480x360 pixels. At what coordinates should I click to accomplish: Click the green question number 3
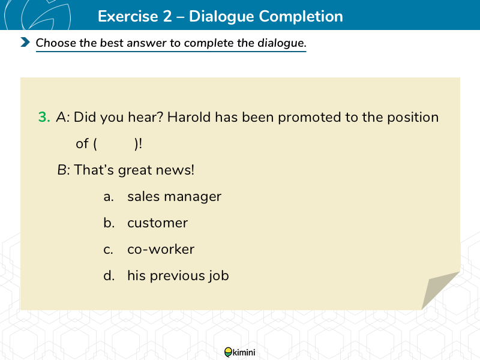[x=44, y=117]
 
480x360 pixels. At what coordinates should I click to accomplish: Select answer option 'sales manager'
[x=174, y=197]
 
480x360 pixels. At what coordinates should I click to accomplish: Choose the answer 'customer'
[x=157, y=223]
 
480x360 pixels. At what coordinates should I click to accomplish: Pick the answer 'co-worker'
[x=161, y=250]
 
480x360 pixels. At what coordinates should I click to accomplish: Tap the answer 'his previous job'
[x=178, y=276]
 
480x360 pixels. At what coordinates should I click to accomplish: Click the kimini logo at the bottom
[x=239, y=352]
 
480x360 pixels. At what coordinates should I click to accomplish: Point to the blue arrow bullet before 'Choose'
[x=25, y=42]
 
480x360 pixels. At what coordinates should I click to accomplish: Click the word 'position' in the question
[x=413, y=118]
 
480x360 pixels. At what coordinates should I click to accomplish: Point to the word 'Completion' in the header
[x=301, y=17]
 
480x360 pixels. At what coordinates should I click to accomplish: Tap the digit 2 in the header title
[x=167, y=16]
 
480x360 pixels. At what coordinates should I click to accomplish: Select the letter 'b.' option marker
[x=109, y=223]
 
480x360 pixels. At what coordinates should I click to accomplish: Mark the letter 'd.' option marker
[x=109, y=276]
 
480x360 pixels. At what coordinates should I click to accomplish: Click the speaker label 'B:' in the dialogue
[x=64, y=170]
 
